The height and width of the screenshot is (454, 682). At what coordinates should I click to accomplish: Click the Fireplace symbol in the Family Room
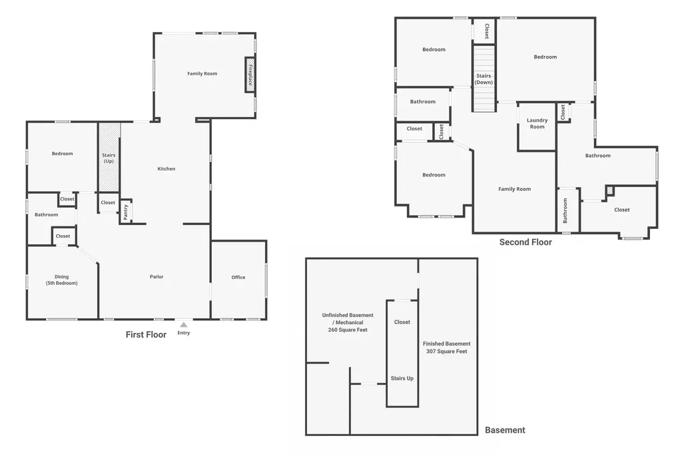click(x=250, y=75)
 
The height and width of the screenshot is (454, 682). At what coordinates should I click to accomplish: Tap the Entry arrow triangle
click(x=184, y=324)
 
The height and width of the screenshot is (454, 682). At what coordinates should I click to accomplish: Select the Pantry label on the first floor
click(x=126, y=212)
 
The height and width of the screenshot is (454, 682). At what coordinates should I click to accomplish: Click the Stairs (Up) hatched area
click(x=109, y=157)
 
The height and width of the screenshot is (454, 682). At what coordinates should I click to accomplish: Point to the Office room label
click(x=238, y=277)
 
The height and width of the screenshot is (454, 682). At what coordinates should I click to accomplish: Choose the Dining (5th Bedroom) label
click(x=62, y=280)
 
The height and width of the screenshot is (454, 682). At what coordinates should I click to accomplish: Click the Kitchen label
click(x=166, y=168)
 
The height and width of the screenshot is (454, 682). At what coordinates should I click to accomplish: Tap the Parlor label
click(x=157, y=276)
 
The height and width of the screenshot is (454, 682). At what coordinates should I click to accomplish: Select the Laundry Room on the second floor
click(x=537, y=126)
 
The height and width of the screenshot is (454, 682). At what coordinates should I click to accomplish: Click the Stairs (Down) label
click(x=484, y=79)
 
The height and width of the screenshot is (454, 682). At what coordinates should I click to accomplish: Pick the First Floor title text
click(x=146, y=334)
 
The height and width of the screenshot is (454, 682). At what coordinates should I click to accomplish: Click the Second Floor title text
click(x=525, y=242)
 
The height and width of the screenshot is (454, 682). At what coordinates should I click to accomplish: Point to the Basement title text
click(x=505, y=430)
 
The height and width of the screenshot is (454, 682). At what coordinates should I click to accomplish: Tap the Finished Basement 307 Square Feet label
click(x=447, y=347)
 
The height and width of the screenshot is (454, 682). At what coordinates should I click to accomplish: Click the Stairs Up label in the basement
click(x=402, y=378)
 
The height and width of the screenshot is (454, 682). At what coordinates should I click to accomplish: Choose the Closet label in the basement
click(x=402, y=322)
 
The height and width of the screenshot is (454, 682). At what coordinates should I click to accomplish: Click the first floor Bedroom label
click(x=62, y=154)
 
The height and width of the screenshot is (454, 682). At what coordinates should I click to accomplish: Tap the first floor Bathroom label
click(x=47, y=215)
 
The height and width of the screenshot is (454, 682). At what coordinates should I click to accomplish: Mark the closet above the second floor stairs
click(x=485, y=31)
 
